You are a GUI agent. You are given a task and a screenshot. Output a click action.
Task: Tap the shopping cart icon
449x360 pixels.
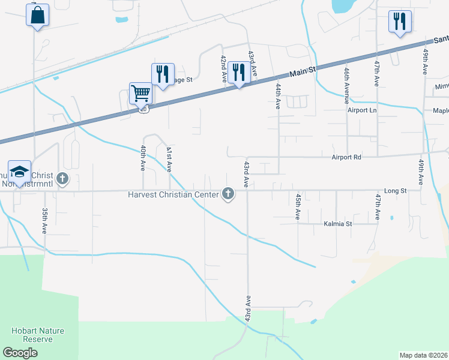140,94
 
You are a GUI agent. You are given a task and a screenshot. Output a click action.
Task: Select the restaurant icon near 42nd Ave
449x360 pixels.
239,73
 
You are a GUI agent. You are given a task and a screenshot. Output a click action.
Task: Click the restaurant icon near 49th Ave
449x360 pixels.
399,22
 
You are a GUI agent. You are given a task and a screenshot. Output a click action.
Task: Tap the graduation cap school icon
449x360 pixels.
19,172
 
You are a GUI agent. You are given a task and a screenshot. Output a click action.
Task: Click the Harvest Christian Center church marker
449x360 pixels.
228,193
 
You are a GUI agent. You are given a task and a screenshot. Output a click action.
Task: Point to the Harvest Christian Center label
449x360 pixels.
173,194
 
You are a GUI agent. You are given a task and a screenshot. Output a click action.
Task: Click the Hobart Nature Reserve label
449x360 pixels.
38,335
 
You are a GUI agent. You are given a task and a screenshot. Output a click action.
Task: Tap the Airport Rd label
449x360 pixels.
346,157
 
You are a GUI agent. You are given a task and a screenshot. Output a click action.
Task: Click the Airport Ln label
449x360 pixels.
362,110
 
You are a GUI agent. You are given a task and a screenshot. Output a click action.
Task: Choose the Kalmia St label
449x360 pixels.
337,223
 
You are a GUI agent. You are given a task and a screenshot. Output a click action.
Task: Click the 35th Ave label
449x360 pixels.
44,221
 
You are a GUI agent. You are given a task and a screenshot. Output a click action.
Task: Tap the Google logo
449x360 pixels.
20,352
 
